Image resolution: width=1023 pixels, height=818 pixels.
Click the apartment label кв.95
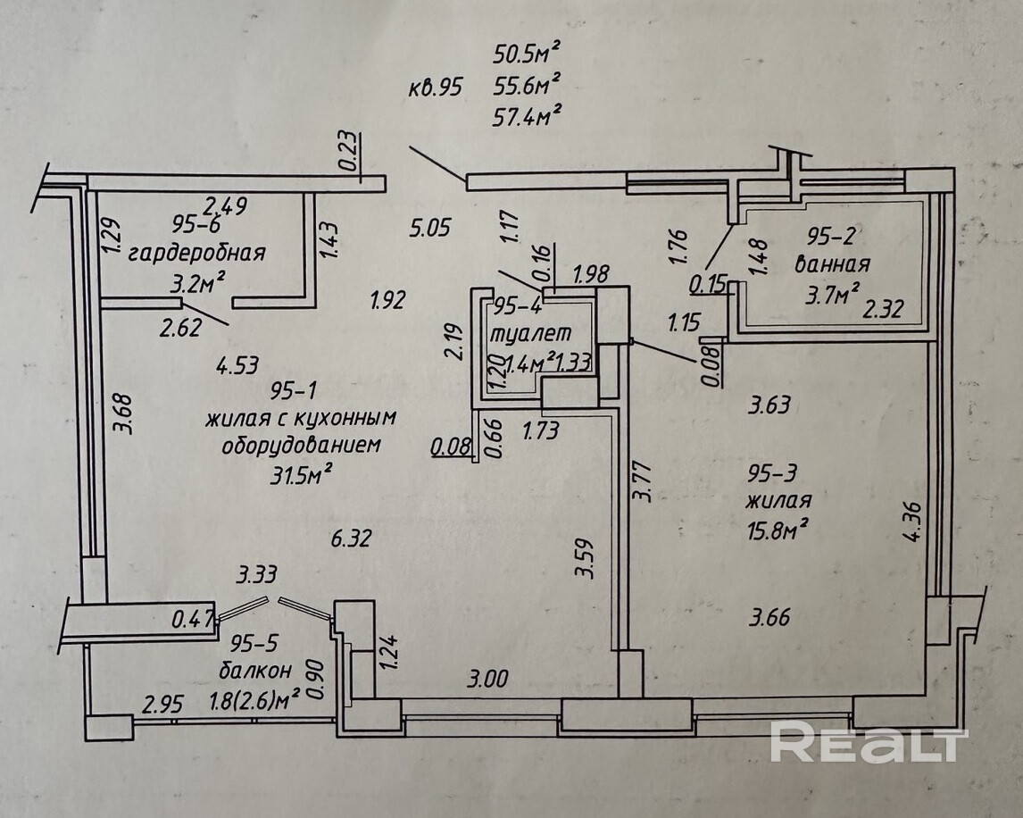[x=437, y=87]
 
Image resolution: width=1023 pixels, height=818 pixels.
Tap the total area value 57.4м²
[x=527, y=115]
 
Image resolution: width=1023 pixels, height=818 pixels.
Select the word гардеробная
[x=197, y=253]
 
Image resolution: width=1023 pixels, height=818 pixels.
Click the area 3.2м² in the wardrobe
[x=195, y=283]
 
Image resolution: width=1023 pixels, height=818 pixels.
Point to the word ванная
[x=832, y=264]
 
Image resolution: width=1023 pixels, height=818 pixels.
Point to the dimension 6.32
[x=350, y=538]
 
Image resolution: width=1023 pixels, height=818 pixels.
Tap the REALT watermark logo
[x=868, y=744]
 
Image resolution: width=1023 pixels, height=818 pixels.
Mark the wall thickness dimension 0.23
[x=349, y=152]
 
